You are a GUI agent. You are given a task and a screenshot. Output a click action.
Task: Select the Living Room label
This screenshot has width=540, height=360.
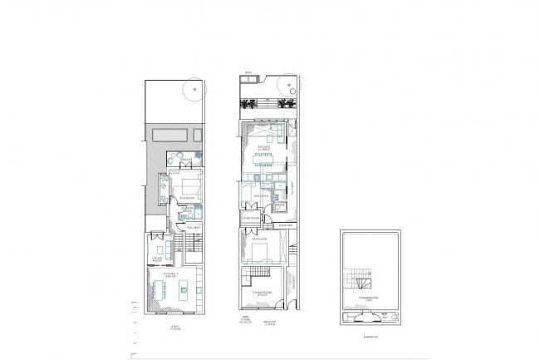(x=155, y=259)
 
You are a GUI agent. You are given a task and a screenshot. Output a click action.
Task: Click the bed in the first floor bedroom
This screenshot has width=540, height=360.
(x=190, y=185)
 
